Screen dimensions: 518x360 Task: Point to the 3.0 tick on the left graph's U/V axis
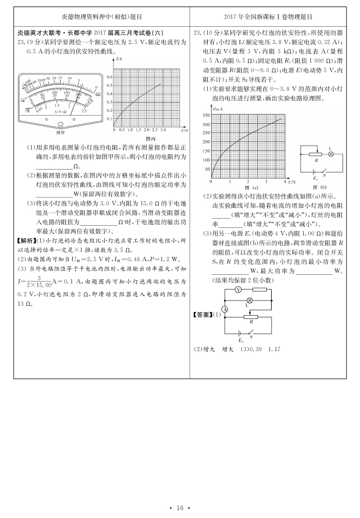[163, 131]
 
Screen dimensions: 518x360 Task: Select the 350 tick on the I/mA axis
[206, 115]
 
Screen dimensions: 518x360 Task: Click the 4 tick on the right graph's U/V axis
[285, 181]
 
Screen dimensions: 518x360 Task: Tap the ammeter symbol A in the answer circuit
[225, 310]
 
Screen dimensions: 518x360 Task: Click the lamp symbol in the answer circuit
[249, 301]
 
